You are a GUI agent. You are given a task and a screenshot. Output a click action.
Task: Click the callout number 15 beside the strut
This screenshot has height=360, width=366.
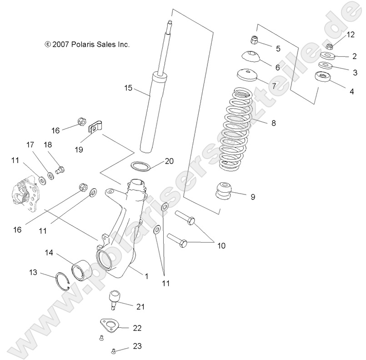[128, 88]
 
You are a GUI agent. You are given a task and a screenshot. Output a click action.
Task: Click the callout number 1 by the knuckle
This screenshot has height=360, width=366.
[146, 275]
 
